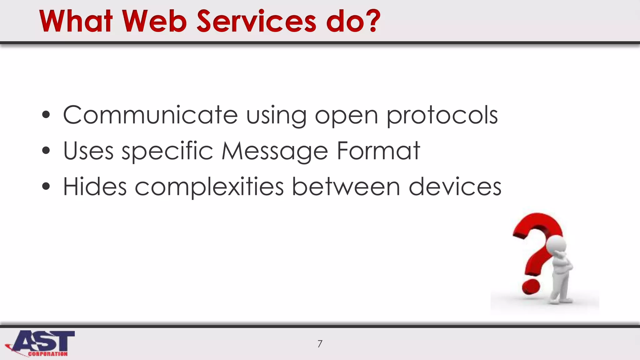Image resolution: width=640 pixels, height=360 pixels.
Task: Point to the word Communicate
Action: click(150, 115)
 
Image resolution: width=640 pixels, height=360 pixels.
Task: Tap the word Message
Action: click(275, 151)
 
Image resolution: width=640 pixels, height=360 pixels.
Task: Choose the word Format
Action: click(378, 151)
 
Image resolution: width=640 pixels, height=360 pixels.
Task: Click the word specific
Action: click(167, 151)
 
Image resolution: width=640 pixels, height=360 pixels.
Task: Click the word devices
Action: click(455, 187)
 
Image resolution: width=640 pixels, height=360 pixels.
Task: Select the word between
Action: click(346, 187)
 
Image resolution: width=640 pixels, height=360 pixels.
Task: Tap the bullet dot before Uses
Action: click(46, 151)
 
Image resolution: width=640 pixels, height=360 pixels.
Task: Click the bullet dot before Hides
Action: click(46, 187)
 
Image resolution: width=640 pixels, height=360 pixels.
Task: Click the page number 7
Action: click(320, 344)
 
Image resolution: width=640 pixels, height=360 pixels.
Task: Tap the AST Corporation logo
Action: click(41, 343)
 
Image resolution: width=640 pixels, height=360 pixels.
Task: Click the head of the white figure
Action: click(557, 244)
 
